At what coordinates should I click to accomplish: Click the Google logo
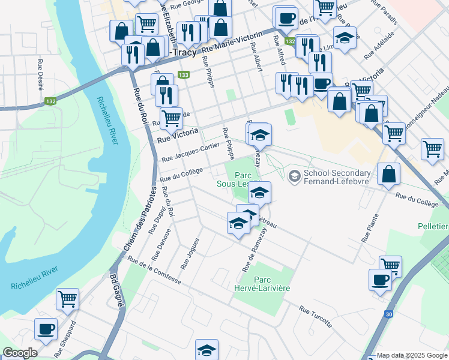tap(20, 353)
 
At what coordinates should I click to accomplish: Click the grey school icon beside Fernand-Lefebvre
tap(295, 176)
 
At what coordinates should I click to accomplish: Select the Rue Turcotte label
tap(315, 317)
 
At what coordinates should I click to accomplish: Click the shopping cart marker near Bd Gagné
tap(67, 298)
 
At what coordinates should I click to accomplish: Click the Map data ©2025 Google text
tap(411, 356)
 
